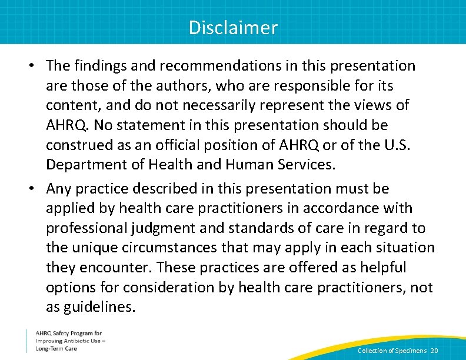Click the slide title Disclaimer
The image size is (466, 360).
pyautogui.click(x=233, y=28)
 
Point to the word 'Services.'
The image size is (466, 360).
pyautogui.click(x=307, y=164)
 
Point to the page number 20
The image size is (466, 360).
pyautogui.click(x=434, y=351)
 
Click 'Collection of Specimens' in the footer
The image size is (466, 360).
pyautogui.click(x=392, y=351)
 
